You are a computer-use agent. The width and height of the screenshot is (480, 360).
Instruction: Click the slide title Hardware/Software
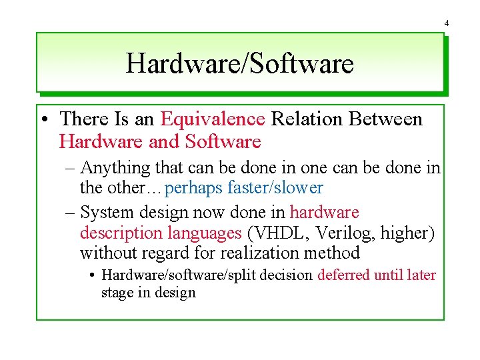click(239, 64)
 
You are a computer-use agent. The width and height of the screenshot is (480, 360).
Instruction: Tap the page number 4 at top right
click(447, 23)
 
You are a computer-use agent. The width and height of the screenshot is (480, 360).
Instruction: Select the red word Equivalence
click(213, 119)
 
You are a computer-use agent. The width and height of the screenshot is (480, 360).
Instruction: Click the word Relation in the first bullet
click(304, 119)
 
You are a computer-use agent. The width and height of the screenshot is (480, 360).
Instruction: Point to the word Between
click(383, 119)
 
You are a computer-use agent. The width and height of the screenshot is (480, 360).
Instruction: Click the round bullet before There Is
click(43, 120)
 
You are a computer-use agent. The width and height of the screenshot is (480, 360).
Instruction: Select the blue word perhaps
click(193, 189)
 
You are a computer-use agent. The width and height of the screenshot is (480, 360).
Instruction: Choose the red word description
click(121, 233)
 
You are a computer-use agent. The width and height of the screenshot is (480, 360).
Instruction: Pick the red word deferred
click(343, 275)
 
